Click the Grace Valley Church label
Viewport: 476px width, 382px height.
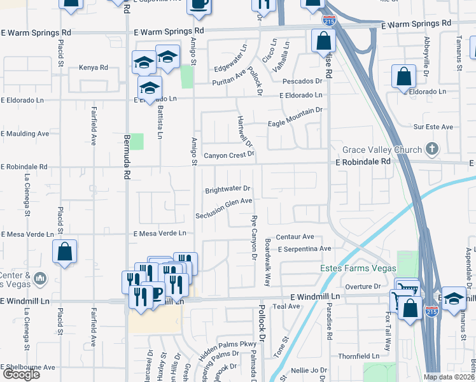pyautogui.click(x=382, y=150)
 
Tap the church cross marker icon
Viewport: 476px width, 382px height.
pyautogui.click(x=432, y=150)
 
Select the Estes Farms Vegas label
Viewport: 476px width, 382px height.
pyautogui.click(x=358, y=269)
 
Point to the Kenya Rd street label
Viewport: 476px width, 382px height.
pyautogui.click(x=94, y=67)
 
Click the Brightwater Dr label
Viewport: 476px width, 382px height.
pyautogui.click(x=228, y=190)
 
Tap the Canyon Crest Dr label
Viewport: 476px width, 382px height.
pyautogui.click(x=228, y=154)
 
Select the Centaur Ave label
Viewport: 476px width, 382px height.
pyautogui.click(x=295, y=237)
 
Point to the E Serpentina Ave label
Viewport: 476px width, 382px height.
pyautogui.click(x=304, y=249)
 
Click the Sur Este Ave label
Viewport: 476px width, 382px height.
pyautogui.click(x=433, y=127)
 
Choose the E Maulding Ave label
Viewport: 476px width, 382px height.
pyautogui.click(x=25, y=134)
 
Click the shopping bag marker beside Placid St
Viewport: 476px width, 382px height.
pyautogui.click(x=65, y=251)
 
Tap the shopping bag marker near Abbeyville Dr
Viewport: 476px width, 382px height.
pyautogui.click(x=403, y=78)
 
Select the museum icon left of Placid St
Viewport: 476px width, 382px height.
pyautogui.click(x=39, y=278)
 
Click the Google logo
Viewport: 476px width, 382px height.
pyautogui.click(x=21, y=374)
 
